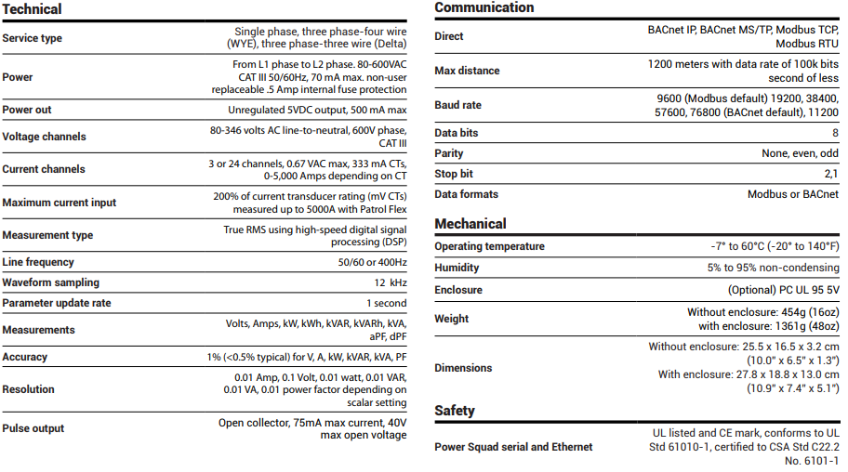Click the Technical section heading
(33, 9)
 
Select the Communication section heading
(484, 8)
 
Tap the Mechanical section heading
(470, 224)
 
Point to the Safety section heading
(455, 411)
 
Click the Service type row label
(33, 38)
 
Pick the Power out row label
(27, 110)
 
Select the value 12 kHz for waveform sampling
(391, 282)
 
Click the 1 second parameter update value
(386, 304)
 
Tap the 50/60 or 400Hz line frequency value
(372, 262)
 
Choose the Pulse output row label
(33, 428)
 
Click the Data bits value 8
(835, 134)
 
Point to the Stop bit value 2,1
(831, 174)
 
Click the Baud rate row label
(459, 106)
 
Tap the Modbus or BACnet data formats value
(792, 194)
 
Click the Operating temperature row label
(489, 246)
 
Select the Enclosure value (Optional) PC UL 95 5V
(775, 290)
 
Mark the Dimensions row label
(463, 368)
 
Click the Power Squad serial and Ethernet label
(513, 447)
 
